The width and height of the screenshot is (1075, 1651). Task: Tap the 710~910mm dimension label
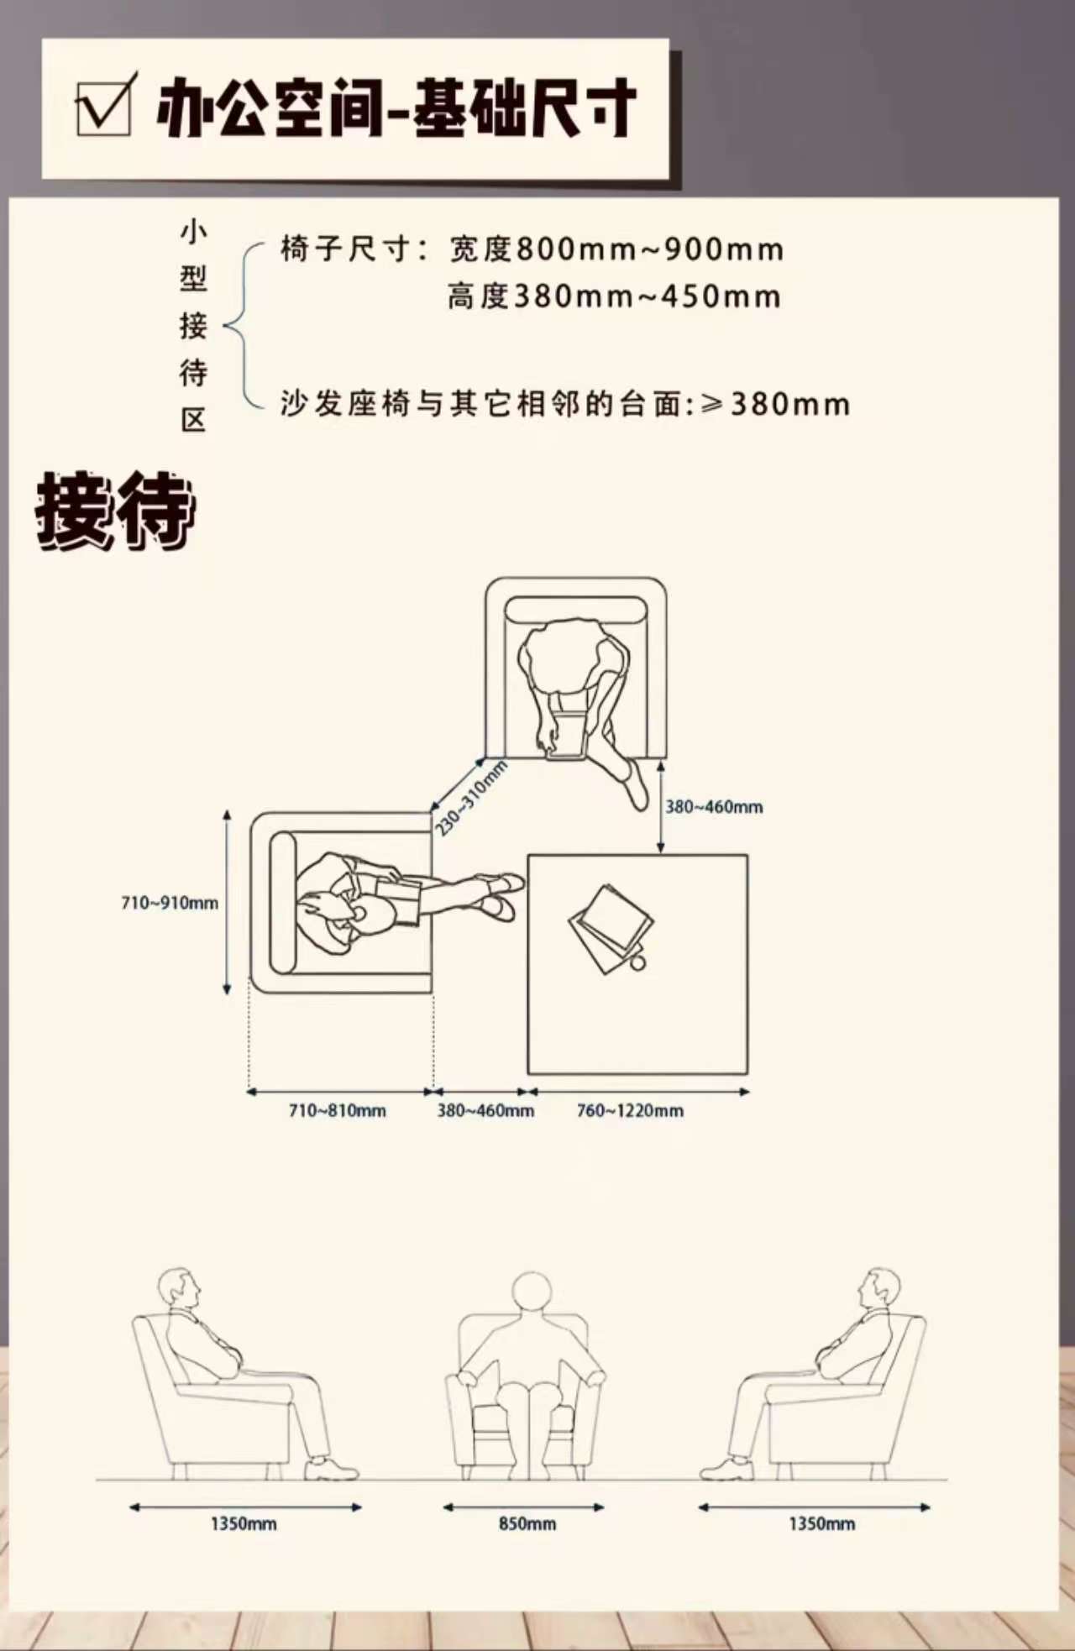tap(170, 904)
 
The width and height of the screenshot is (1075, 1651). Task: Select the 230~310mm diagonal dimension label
tap(471, 798)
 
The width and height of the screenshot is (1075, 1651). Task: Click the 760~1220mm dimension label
tap(630, 1110)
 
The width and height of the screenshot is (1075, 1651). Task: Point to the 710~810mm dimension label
tap(338, 1110)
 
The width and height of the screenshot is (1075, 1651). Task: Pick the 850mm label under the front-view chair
tap(527, 1523)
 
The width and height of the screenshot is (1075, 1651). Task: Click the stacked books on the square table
tap(611, 928)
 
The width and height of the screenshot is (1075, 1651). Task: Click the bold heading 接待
tap(115, 511)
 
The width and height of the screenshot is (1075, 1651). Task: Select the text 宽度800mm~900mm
tap(616, 249)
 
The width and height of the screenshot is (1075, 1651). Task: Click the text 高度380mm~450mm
tap(614, 296)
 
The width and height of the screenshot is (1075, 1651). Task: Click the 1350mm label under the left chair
tap(244, 1523)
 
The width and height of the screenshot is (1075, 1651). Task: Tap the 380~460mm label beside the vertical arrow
tap(714, 807)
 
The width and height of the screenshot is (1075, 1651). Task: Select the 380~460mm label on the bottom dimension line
tap(485, 1110)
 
